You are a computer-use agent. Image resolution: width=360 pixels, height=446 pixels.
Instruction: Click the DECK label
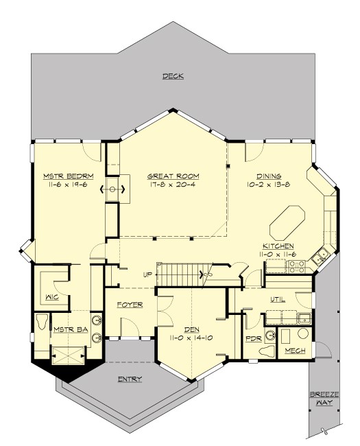pos(173,76)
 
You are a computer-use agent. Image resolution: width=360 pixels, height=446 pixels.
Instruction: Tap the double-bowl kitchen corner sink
pos(320,257)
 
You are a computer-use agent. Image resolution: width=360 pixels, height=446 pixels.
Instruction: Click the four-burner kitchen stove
pos(296,266)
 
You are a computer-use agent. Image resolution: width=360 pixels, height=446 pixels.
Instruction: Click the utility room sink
pos(302,318)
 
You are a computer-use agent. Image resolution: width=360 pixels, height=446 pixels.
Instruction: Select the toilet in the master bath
pos(43,322)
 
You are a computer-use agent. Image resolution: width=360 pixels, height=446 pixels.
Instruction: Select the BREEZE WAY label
pos(323,399)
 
